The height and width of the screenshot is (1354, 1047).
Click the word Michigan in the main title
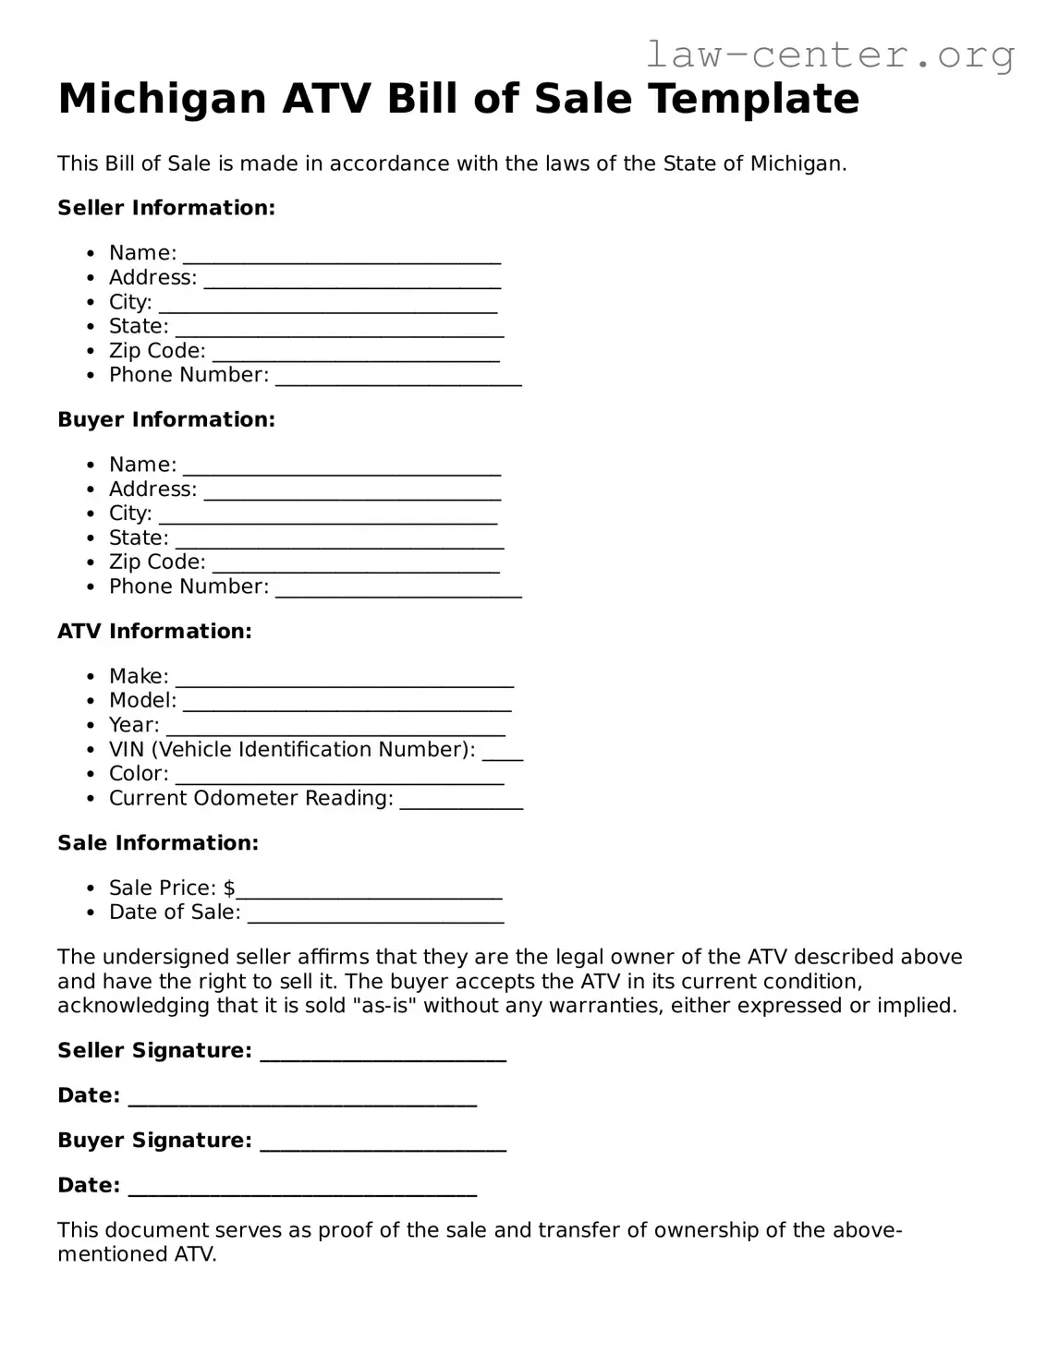coord(163,99)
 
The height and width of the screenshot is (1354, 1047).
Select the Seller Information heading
coord(166,208)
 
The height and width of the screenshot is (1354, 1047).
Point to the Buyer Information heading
coord(166,419)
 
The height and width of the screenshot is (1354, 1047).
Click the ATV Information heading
coord(154,631)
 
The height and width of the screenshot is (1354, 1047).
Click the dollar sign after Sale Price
coord(229,888)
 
